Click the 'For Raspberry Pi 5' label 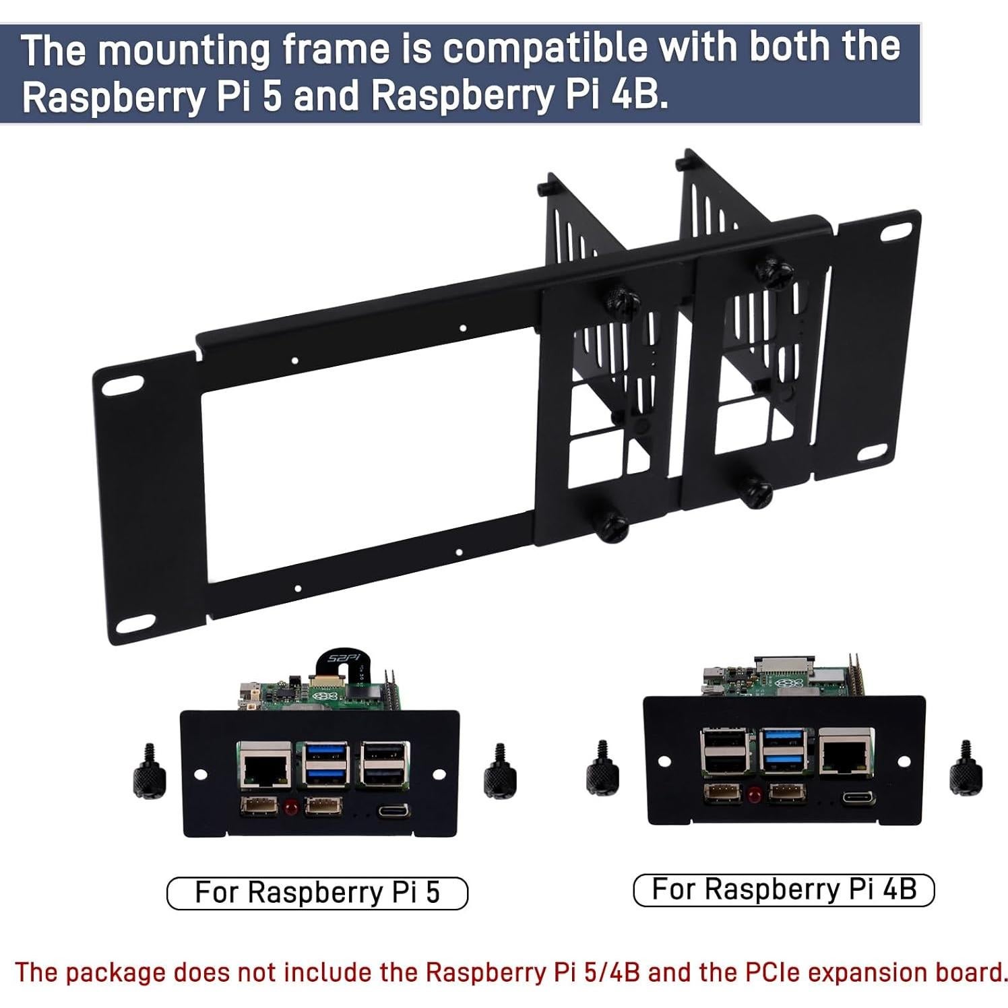click(x=317, y=893)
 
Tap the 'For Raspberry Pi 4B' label click(x=784, y=889)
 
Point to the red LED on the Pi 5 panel click(x=292, y=807)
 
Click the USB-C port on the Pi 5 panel click(x=393, y=809)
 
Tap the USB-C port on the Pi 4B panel click(x=858, y=798)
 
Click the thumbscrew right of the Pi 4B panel click(x=965, y=767)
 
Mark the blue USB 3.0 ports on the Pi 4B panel click(x=784, y=752)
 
